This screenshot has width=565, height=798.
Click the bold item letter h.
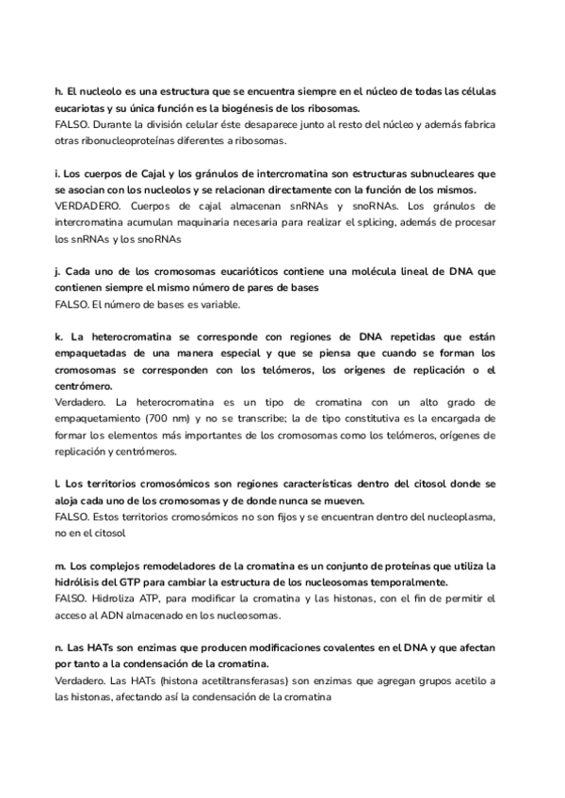click(x=58, y=92)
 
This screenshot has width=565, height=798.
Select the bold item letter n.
click(x=59, y=646)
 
